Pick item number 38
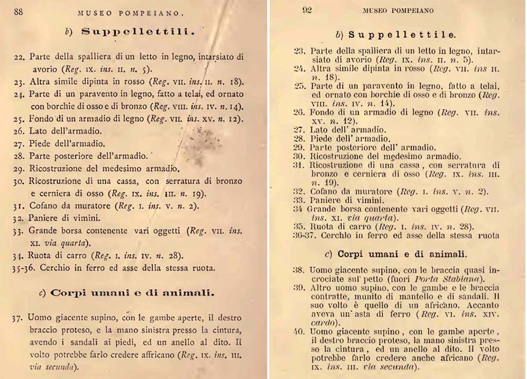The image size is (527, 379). [299, 270]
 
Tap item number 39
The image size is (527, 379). [299, 287]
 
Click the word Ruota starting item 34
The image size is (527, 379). [40, 256]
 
